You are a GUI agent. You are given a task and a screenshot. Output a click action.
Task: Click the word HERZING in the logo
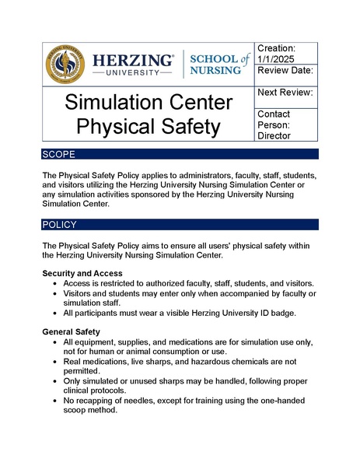click(x=132, y=59)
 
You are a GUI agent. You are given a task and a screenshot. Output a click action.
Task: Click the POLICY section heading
click(x=60, y=225)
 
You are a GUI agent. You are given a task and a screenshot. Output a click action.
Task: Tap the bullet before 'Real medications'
click(x=54, y=363)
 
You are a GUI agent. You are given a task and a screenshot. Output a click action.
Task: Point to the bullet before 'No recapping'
click(x=54, y=400)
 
